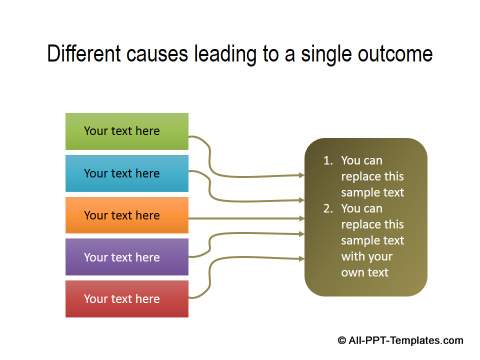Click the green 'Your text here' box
click(126, 131)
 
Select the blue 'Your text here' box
click(126, 173)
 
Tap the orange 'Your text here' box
click(126, 215)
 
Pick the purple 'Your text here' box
click(126, 257)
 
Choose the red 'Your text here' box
click(126, 299)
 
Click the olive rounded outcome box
click(365, 217)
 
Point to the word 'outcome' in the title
click(395, 54)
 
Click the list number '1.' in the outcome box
click(327, 160)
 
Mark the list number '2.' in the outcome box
click(327, 209)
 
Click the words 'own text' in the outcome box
click(365, 273)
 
